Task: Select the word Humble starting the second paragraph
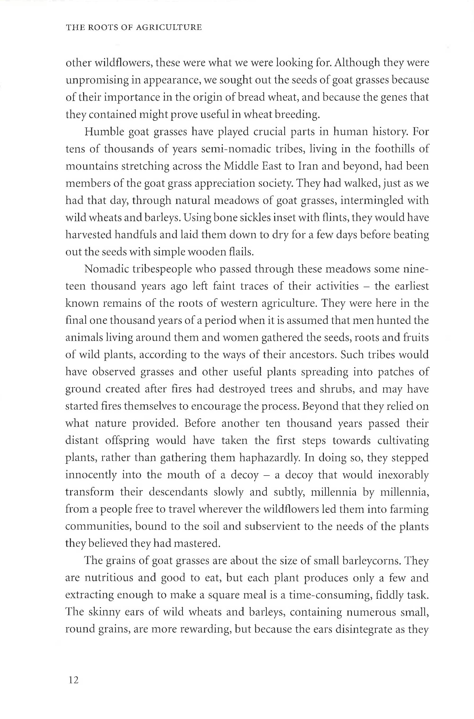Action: [104, 132]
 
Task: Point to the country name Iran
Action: [308, 166]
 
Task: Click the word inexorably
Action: [403, 475]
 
